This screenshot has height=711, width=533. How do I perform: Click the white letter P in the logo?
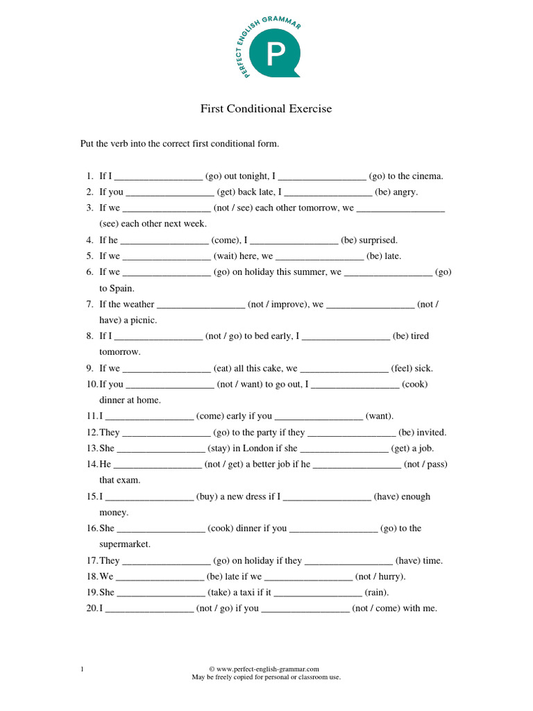pos(274,55)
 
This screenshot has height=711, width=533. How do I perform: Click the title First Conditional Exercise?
pos(266,108)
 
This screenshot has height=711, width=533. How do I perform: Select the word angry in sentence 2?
pos(406,192)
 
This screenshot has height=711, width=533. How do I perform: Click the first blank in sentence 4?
pos(165,240)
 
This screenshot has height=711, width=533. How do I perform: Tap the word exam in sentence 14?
pos(129,480)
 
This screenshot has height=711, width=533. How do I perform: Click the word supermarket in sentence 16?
pos(124,544)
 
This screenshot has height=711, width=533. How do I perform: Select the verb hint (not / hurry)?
pos(380,577)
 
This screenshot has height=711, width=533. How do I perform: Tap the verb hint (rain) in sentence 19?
pos(377,593)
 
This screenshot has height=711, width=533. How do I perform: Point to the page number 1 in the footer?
pos(83,669)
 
